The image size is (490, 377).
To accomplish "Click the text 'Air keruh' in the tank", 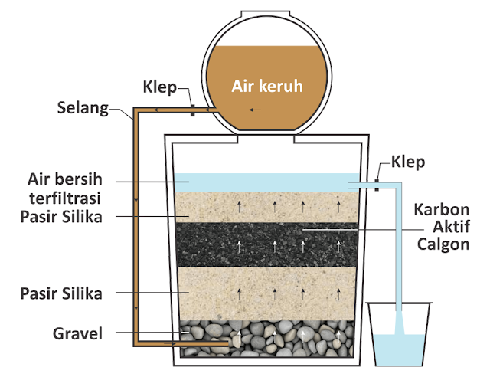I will pos(267,85).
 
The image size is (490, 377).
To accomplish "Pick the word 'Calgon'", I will pos(443,244).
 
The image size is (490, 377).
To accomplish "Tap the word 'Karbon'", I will pos(442,209).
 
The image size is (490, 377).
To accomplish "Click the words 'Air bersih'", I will pos(70,181).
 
